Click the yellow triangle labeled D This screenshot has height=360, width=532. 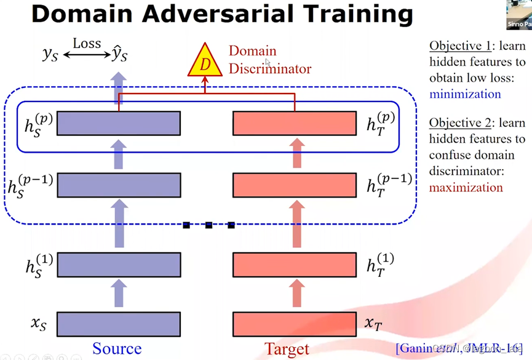(x=205, y=64)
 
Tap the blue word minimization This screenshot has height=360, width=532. (x=465, y=94)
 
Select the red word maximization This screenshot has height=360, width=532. (x=466, y=188)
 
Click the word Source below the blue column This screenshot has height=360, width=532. (x=117, y=349)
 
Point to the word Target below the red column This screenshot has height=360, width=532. (x=287, y=349)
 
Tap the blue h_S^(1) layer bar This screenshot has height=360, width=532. (x=119, y=264)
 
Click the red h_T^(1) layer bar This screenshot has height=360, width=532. (x=295, y=264)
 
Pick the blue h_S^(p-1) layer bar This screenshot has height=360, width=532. (x=119, y=185)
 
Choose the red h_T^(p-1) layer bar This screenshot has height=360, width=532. (x=295, y=185)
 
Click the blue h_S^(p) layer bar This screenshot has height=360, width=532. (x=119, y=123)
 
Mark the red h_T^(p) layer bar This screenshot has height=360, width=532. (x=295, y=123)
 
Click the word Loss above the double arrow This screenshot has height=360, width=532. (x=87, y=43)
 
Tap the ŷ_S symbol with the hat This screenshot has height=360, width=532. (x=120, y=54)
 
